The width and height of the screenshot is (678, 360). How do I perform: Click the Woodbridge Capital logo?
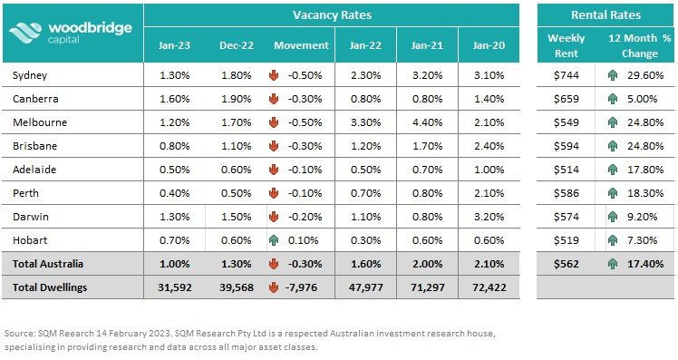tap(72, 32)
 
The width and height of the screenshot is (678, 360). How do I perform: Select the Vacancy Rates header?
tap(332, 15)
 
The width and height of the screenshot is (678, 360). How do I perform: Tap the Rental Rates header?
tap(605, 15)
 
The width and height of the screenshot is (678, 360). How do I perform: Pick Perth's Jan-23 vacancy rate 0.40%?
tap(176, 192)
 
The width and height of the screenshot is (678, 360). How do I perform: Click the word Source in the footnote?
tap(24, 332)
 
